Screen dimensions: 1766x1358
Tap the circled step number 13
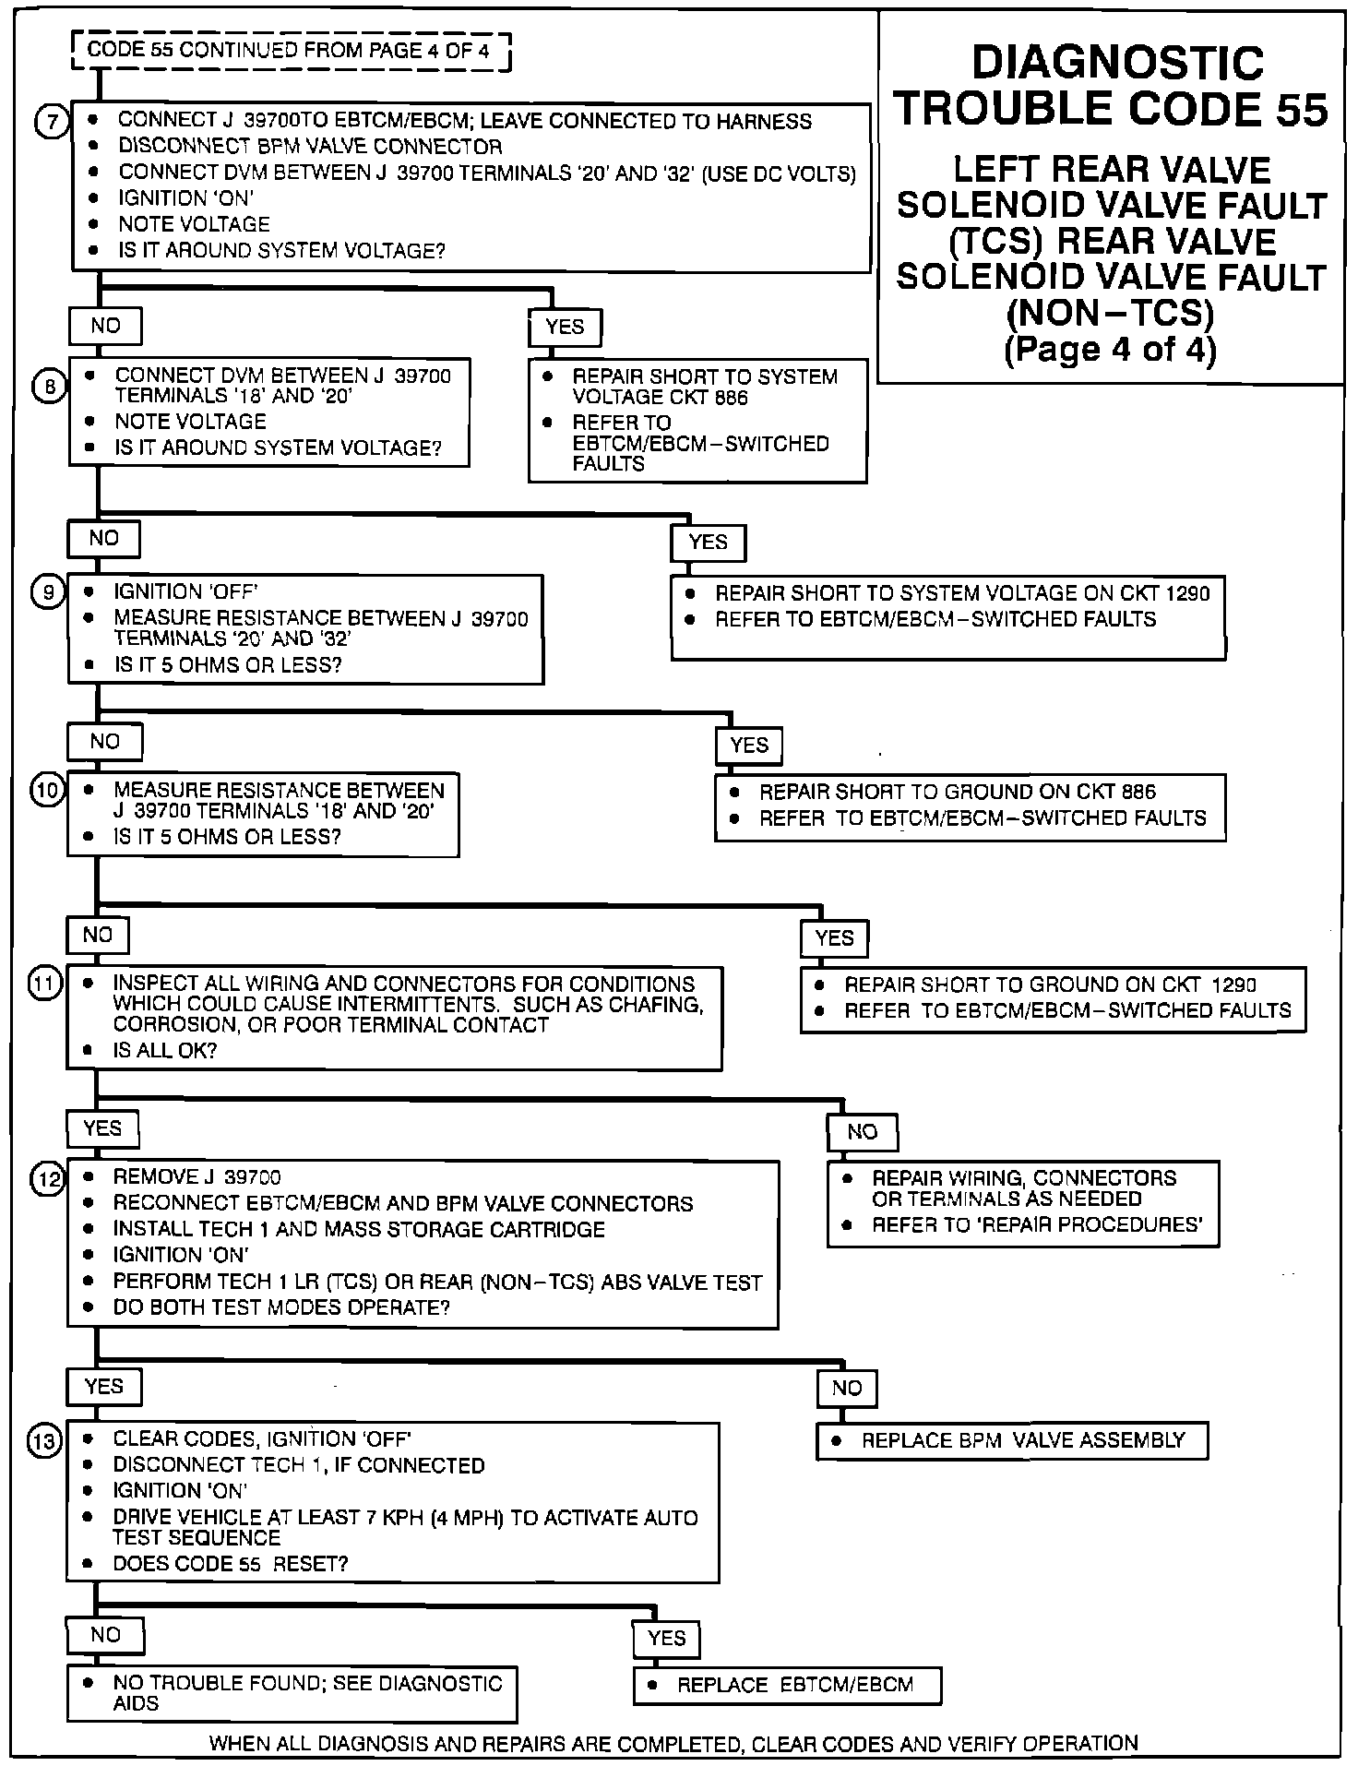click(46, 1440)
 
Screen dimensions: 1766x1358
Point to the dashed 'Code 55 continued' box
click(292, 51)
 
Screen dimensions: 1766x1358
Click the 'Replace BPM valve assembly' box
click(1012, 1440)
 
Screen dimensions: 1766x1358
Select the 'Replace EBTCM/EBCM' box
click(787, 1685)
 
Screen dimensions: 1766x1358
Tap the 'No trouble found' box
click(292, 1692)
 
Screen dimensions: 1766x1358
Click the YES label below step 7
click(565, 327)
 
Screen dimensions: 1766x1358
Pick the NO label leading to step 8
click(105, 325)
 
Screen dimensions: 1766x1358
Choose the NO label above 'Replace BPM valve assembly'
click(846, 1388)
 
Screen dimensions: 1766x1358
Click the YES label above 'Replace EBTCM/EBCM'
click(666, 1638)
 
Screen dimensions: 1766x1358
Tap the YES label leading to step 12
click(101, 1128)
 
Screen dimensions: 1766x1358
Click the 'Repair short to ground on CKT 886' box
click(970, 805)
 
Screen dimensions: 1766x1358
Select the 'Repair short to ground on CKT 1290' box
click(1053, 998)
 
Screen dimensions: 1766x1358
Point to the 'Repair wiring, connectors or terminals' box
click(1022, 1202)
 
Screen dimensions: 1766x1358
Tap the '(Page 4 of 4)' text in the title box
click(1110, 351)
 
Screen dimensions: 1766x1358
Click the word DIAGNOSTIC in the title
click(1117, 64)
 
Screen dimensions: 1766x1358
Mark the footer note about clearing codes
click(673, 1743)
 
